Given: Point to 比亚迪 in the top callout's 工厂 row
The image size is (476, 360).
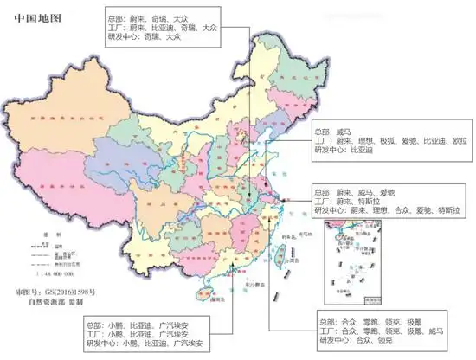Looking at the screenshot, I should (163, 27).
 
